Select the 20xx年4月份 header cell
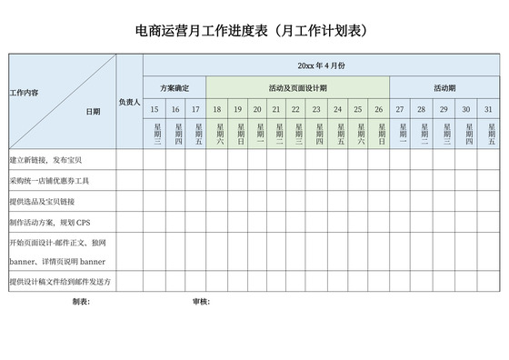point(321,65)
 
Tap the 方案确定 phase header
point(175,88)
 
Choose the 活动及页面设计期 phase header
point(297,88)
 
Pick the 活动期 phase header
point(444,88)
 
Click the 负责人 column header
point(129,102)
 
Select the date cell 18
point(216,109)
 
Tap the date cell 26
point(379,109)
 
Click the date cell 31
point(489,109)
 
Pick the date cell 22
point(297,109)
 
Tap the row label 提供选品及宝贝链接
point(42,201)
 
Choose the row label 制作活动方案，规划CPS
point(49,223)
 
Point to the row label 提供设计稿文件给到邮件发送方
point(59,282)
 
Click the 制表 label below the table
point(81,301)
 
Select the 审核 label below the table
point(201,301)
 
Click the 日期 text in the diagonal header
point(93,112)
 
